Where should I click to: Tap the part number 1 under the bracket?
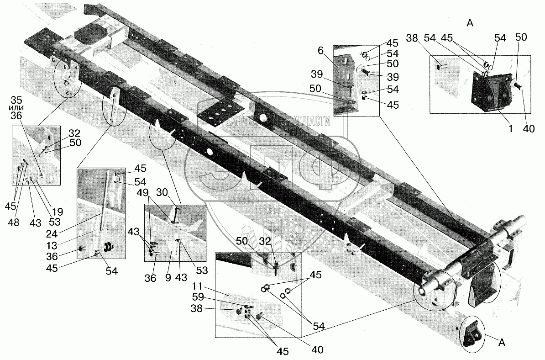click(x=511, y=129)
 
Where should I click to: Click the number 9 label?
click(x=169, y=277)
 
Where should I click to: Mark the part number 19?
click(x=58, y=212)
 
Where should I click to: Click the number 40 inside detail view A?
click(x=529, y=129)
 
